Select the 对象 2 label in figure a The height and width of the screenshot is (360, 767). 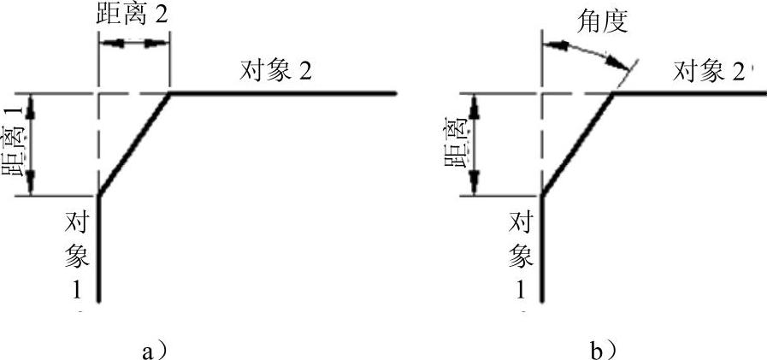coord(274,71)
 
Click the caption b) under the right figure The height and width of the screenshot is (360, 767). coord(604,348)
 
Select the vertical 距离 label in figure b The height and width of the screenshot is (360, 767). coord(455,143)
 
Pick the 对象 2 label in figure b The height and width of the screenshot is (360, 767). coord(709,71)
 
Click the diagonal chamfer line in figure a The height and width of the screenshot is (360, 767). coord(134,144)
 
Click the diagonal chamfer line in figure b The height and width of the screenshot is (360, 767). coord(577,144)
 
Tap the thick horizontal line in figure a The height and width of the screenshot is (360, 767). coord(282,92)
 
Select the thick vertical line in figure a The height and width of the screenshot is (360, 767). coord(100,248)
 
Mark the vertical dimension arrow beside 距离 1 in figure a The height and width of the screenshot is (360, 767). coord(32,144)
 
